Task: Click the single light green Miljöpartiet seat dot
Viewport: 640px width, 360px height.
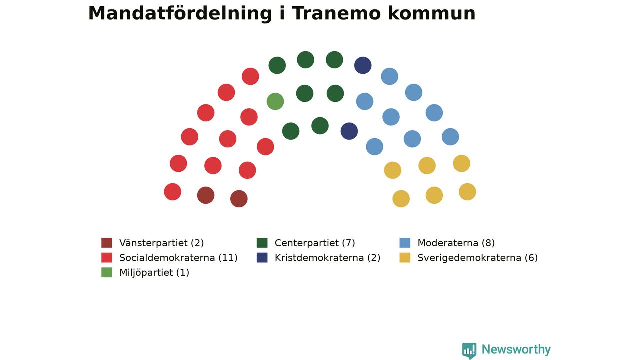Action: (x=275, y=101)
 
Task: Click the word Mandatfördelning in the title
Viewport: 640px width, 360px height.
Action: (x=180, y=13)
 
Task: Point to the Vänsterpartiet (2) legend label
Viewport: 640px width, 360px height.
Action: (x=161, y=243)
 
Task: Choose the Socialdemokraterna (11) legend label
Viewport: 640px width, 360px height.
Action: (x=178, y=258)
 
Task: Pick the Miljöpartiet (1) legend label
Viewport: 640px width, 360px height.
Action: (x=154, y=273)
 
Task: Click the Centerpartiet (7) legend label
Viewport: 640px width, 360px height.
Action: (x=315, y=243)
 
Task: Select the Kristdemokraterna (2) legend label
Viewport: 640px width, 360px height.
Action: (x=327, y=258)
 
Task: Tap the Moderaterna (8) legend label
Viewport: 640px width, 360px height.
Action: (x=456, y=243)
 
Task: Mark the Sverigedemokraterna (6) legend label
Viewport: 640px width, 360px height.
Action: (x=477, y=258)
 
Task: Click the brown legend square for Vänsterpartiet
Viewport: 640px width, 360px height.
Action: (x=107, y=243)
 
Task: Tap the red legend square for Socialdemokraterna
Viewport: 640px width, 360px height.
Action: (x=107, y=257)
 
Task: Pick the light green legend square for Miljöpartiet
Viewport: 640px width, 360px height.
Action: (x=107, y=272)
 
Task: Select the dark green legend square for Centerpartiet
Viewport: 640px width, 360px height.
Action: (x=262, y=243)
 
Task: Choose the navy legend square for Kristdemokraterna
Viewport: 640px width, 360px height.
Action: (x=262, y=257)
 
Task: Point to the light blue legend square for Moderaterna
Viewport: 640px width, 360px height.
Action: (x=405, y=243)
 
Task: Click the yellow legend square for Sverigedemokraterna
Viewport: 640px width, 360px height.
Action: (x=405, y=257)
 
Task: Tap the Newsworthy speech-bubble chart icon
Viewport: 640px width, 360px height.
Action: (x=469, y=351)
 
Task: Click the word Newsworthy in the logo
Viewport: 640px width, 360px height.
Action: (x=516, y=350)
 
